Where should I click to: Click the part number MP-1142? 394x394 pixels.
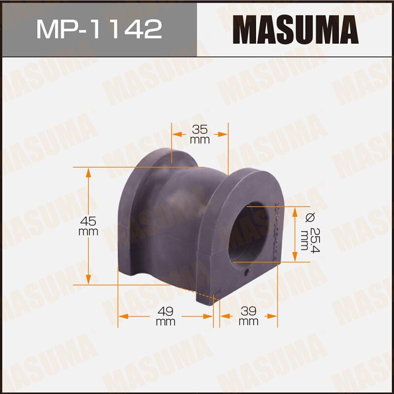tap(99, 29)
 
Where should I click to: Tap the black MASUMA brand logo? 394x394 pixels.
tap(295, 29)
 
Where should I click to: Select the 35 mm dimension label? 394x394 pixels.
tap(200, 134)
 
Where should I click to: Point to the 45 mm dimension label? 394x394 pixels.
tap(89, 226)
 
